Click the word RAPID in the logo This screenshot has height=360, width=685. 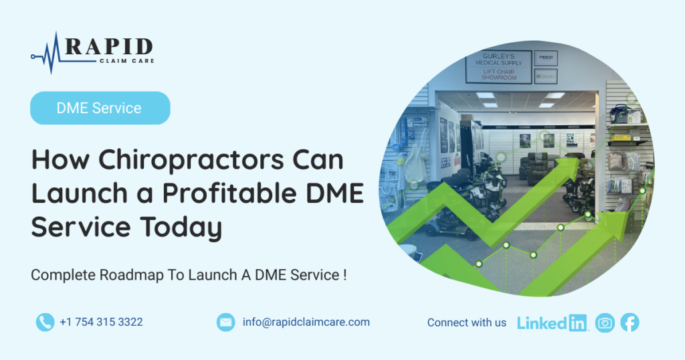click(x=109, y=46)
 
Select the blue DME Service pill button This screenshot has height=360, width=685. click(x=100, y=108)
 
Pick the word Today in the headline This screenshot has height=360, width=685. click(x=181, y=228)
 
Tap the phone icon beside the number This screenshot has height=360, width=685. click(x=45, y=323)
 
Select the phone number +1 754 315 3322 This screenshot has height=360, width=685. click(x=102, y=322)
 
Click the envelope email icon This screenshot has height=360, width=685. click(x=226, y=323)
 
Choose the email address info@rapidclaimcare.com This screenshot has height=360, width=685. click(x=306, y=322)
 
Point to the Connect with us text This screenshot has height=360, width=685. click(x=466, y=323)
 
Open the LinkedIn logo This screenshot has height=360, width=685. click(x=553, y=323)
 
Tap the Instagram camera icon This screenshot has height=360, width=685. click(x=605, y=323)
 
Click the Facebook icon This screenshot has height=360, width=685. click(x=629, y=323)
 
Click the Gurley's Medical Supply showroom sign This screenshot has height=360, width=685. click(x=498, y=67)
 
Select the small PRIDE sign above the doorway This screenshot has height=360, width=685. click(x=546, y=58)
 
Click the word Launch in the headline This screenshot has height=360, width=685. click(x=79, y=193)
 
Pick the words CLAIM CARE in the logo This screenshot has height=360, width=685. click(x=126, y=61)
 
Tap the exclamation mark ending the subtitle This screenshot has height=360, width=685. click(x=345, y=275)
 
